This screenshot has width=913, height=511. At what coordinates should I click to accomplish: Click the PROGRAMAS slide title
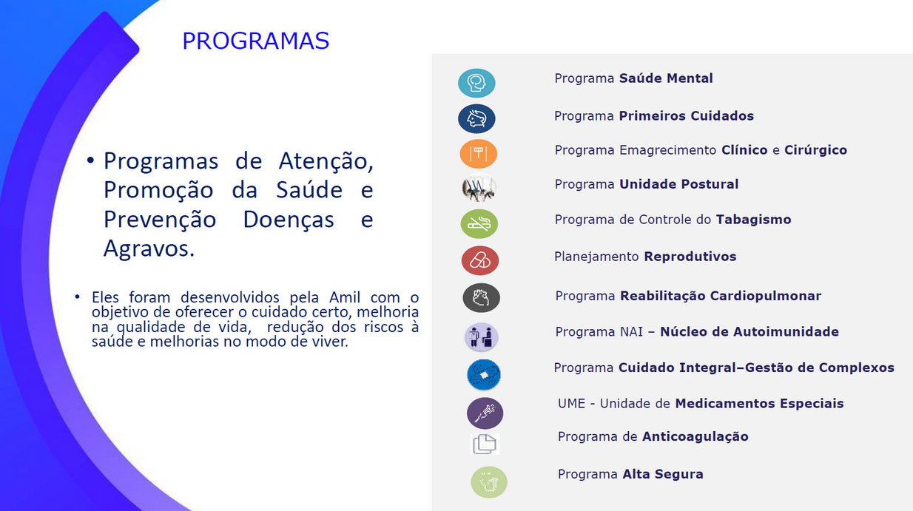[x=255, y=41]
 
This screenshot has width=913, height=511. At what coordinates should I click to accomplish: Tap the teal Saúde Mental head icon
[x=476, y=83]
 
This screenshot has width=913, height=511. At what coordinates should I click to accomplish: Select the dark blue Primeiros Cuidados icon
[x=476, y=118]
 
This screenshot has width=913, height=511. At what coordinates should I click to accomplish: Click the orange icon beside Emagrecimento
[x=479, y=154]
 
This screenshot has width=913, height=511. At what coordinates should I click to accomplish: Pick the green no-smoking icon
[x=479, y=224]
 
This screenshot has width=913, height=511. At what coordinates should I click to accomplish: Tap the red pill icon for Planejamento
[x=480, y=260]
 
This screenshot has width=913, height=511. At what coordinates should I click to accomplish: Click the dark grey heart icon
[x=482, y=298]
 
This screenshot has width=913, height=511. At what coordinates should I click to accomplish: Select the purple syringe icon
[x=485, y=413]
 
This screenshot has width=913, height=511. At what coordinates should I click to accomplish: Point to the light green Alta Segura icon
[x=489, y=482]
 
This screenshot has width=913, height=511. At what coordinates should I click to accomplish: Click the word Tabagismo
[x=754, y=220]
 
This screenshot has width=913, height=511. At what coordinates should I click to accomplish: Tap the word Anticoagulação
[x=695, y=437]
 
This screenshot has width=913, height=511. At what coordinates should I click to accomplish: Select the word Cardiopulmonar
[x=766, y=296]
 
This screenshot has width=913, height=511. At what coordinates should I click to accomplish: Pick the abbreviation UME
[x=571, y=404]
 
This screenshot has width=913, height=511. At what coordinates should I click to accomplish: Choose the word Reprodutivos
[x=690, y=257]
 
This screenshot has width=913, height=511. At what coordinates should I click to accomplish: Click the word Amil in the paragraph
[x=345, y=297]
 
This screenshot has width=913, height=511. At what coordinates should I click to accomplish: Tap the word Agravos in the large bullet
[x=149, y=248]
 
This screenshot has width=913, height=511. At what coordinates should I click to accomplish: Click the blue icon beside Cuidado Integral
[x=484, y=374]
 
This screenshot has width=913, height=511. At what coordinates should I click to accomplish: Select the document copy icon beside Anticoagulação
[x=485, y=444]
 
